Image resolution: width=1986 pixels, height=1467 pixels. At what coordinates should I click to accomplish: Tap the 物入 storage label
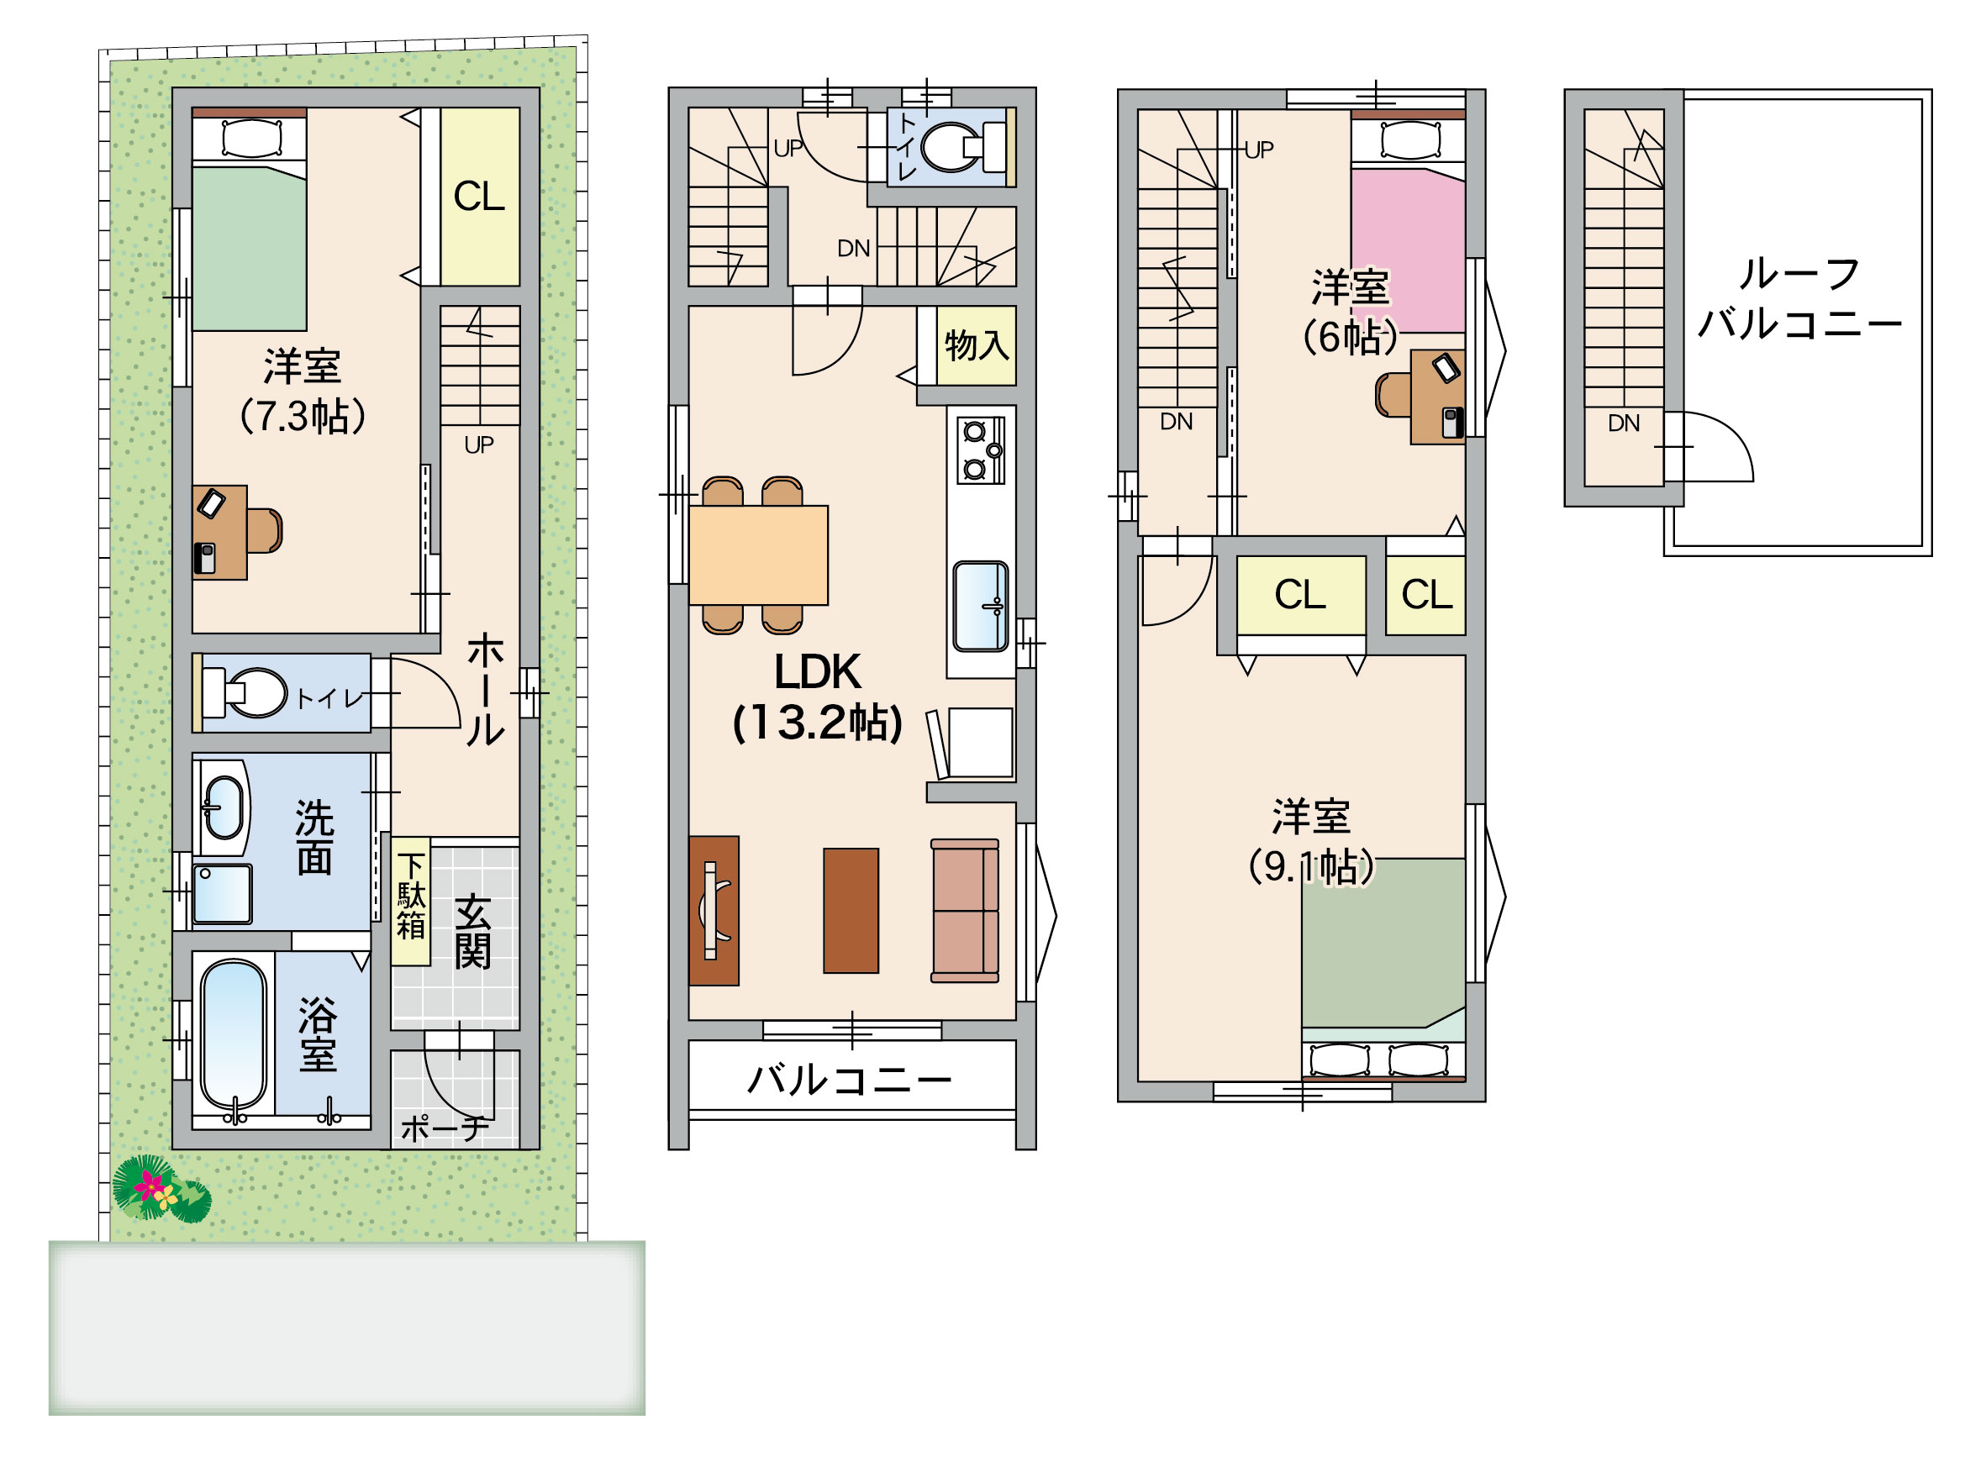pos(977,345)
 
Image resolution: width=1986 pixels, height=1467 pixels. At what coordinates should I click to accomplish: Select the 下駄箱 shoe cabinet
pos(411,901)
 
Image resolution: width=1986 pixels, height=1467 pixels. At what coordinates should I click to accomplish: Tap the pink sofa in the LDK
pos(965,910)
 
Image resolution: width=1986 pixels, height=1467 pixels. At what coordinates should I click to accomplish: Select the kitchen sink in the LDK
pos(981,607)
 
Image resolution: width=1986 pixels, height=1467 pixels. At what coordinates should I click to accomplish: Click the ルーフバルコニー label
pos(1799,298)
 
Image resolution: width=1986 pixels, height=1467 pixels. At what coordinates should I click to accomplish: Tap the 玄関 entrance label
pos(472,933)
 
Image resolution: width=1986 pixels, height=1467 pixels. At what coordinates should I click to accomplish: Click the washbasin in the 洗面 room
pos(223,808)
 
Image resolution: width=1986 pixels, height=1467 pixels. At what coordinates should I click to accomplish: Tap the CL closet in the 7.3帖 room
pos(480,197)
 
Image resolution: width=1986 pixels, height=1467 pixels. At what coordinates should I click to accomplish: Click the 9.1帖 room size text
pos(1311,867)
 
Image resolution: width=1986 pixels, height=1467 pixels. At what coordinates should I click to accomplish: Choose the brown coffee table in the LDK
pos(851,911)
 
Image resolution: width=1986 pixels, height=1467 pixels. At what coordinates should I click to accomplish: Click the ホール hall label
pos(485,689)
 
